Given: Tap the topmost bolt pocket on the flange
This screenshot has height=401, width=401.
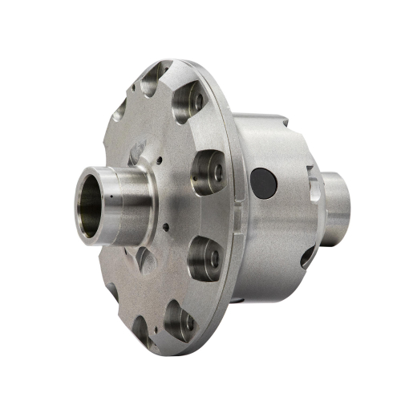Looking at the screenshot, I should pos(153,79).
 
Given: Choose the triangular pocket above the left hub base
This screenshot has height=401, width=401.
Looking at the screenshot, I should pos(137,152).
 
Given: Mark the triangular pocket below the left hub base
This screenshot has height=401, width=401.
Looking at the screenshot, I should pos(145,258).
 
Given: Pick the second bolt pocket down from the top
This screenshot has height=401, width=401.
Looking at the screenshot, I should pos(189,101).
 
